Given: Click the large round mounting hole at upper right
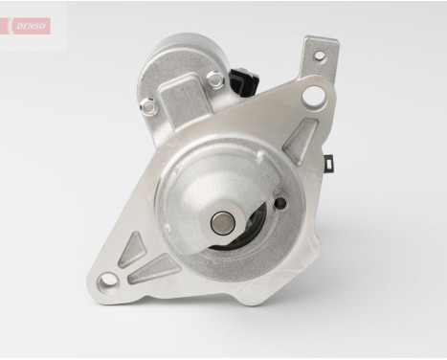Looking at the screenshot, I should (313, 96).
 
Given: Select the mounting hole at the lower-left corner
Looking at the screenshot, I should (108, 280).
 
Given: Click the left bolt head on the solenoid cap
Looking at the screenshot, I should (148, 107).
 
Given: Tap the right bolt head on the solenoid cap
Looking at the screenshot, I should (215, 82).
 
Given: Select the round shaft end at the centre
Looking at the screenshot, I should (221, 223).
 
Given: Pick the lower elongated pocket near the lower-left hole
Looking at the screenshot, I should (151, 271).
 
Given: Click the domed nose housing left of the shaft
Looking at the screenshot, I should (187, 206).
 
